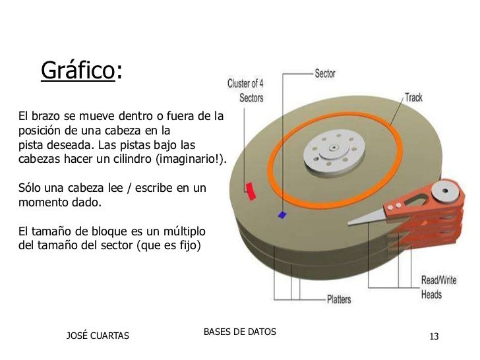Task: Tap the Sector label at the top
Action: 324,74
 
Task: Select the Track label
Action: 413,98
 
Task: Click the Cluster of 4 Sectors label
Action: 245,91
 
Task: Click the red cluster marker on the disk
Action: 250,191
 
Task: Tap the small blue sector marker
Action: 283,214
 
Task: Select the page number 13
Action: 434,338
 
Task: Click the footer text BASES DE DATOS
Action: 240,331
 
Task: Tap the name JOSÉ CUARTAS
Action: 99,338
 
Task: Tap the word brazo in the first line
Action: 47,117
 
